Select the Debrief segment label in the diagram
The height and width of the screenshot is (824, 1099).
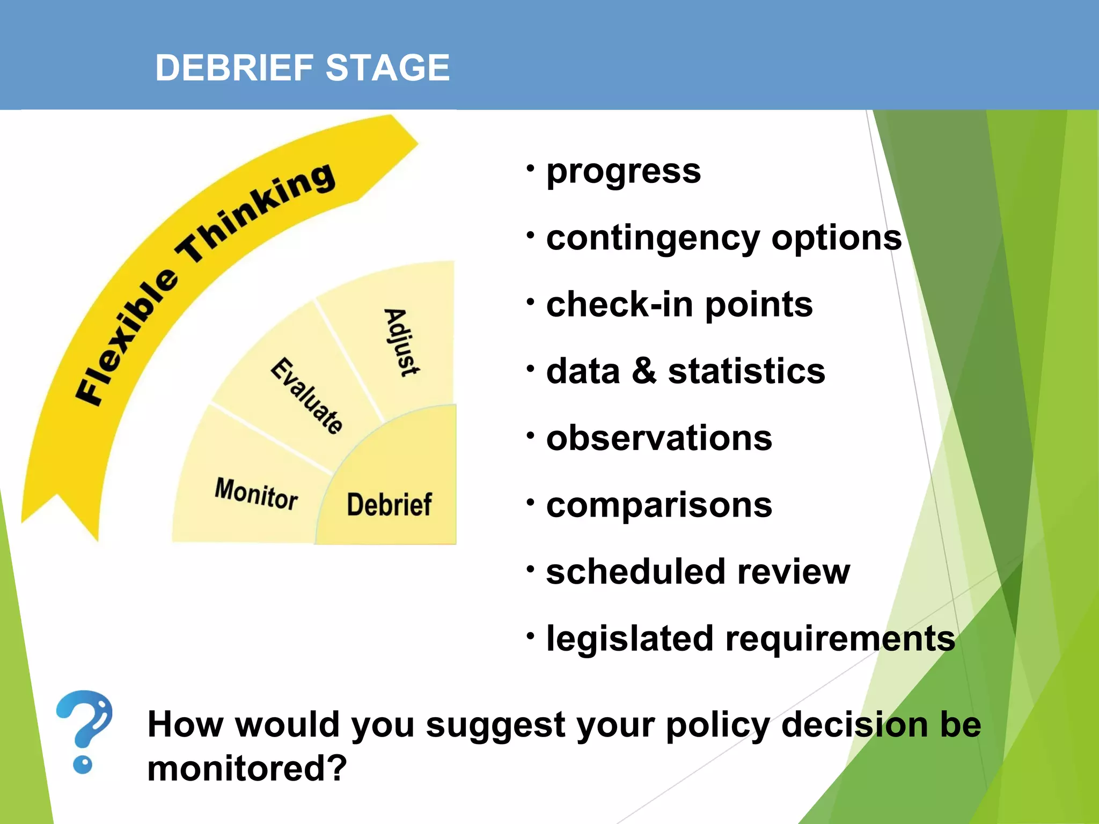coord(389,504)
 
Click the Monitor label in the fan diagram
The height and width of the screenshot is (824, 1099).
coord(256,494)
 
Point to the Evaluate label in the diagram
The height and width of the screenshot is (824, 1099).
coord(306,395)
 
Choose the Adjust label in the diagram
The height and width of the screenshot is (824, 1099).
coord(402,342)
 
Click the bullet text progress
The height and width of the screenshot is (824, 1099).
coord(623,172)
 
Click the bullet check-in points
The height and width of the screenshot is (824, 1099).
coord(679,305)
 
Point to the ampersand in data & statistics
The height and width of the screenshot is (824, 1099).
coord(643,371)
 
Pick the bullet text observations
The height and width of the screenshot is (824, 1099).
coord(659,438)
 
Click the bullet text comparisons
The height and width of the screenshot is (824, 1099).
coord(659,505)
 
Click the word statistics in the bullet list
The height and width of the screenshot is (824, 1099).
coord(746,371)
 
